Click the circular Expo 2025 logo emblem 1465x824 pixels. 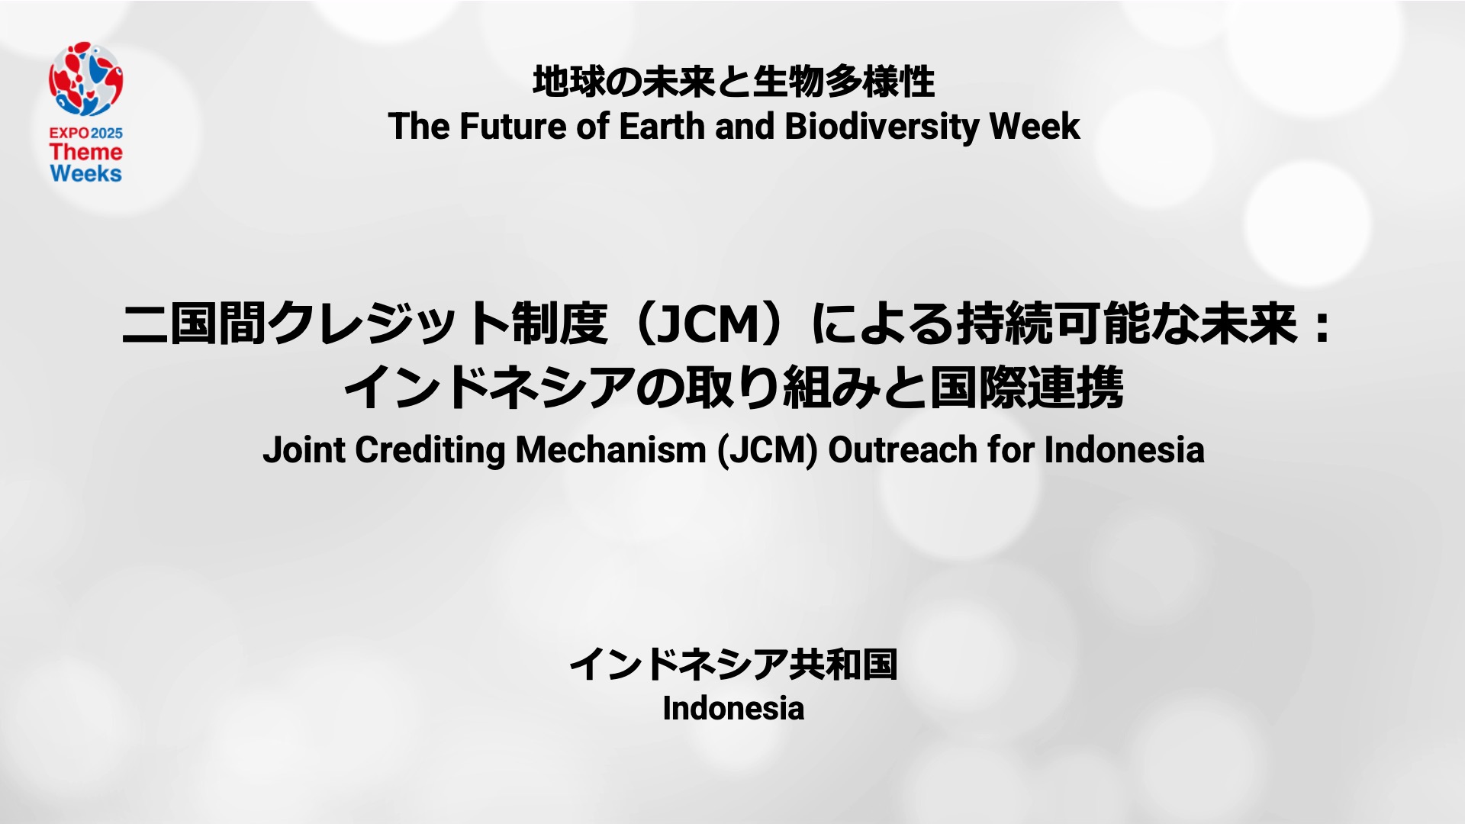(x=86, y=79)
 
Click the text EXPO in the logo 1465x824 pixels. (x=69, y=133)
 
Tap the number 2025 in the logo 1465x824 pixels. (x=107, y=133)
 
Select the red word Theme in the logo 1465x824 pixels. (x=86, y=152)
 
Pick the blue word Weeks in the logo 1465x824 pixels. (x=86, y=174)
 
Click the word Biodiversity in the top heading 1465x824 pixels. (x=881, y=127)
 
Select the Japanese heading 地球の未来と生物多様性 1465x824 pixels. (x=734, y=82)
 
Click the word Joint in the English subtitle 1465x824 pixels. (x=304, y=449)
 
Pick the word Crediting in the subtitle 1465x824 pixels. (x=430, y=451)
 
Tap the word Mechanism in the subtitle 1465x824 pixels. (x=611, y=449)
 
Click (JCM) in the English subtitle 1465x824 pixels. (x=768, y=450)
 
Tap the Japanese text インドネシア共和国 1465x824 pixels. (x=733, y=664)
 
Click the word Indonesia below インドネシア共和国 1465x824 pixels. (x=733, y=709)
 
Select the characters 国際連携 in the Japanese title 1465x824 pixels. (x=1025, y=388)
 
